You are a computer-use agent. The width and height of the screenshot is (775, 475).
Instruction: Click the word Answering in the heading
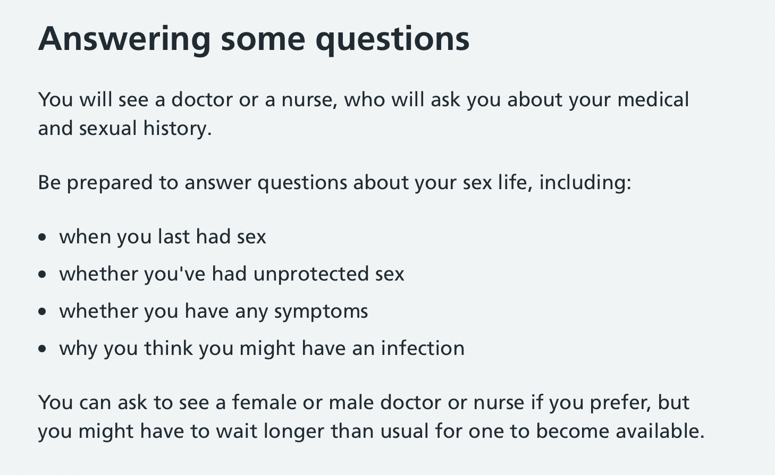tap(124, 40)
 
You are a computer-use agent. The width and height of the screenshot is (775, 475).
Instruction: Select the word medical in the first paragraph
tap(653, 100)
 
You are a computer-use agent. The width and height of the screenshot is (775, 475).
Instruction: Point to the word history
tap(177, 129)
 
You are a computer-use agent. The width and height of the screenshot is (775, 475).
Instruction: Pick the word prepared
tap(109, 183)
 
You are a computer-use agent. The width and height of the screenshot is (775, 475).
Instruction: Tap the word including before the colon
tap(585, 183)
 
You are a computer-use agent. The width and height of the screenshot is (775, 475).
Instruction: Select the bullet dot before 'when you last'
tap(42, 237)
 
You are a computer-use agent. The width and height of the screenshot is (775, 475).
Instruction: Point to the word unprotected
tap(311, 274)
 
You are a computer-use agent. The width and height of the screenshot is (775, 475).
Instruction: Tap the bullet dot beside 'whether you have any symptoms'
tap(42, 311)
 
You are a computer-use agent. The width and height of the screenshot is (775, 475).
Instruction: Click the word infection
tap(423, 348)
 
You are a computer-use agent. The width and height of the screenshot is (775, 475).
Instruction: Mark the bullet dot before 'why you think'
tap(42, 349)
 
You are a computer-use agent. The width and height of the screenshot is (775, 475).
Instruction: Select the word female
tap(264, 402)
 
